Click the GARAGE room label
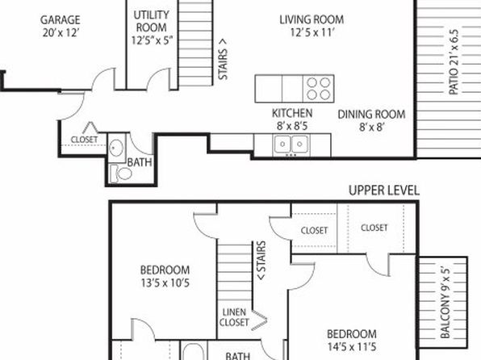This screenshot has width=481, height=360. pos(60,20)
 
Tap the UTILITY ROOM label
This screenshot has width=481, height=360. pos(151,21)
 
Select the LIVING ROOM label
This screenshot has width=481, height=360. pos(312,19)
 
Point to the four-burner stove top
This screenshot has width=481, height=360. pos(319,89)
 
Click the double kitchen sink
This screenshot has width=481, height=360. pos(291,144)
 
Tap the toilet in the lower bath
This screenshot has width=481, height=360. pos(121,174)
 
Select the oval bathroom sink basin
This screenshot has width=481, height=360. pos(116,148)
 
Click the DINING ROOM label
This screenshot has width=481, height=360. pos(371,115)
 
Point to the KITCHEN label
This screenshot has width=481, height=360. pos(292,113)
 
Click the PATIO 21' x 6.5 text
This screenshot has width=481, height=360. pos(454,62)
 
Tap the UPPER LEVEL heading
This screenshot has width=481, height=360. pos(384,190)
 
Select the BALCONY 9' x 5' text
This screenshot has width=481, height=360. pos(445,303)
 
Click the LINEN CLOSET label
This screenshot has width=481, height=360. pos(234,317)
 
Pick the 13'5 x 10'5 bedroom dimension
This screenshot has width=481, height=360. pos(165,283)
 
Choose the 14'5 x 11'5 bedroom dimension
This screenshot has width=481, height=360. pos(352,347)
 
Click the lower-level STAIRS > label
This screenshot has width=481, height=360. pos(223,59)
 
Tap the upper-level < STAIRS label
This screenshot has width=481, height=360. pos(261,261)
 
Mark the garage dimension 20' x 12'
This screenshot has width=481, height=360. pos(61,32)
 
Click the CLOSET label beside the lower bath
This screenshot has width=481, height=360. pos(84,140)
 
